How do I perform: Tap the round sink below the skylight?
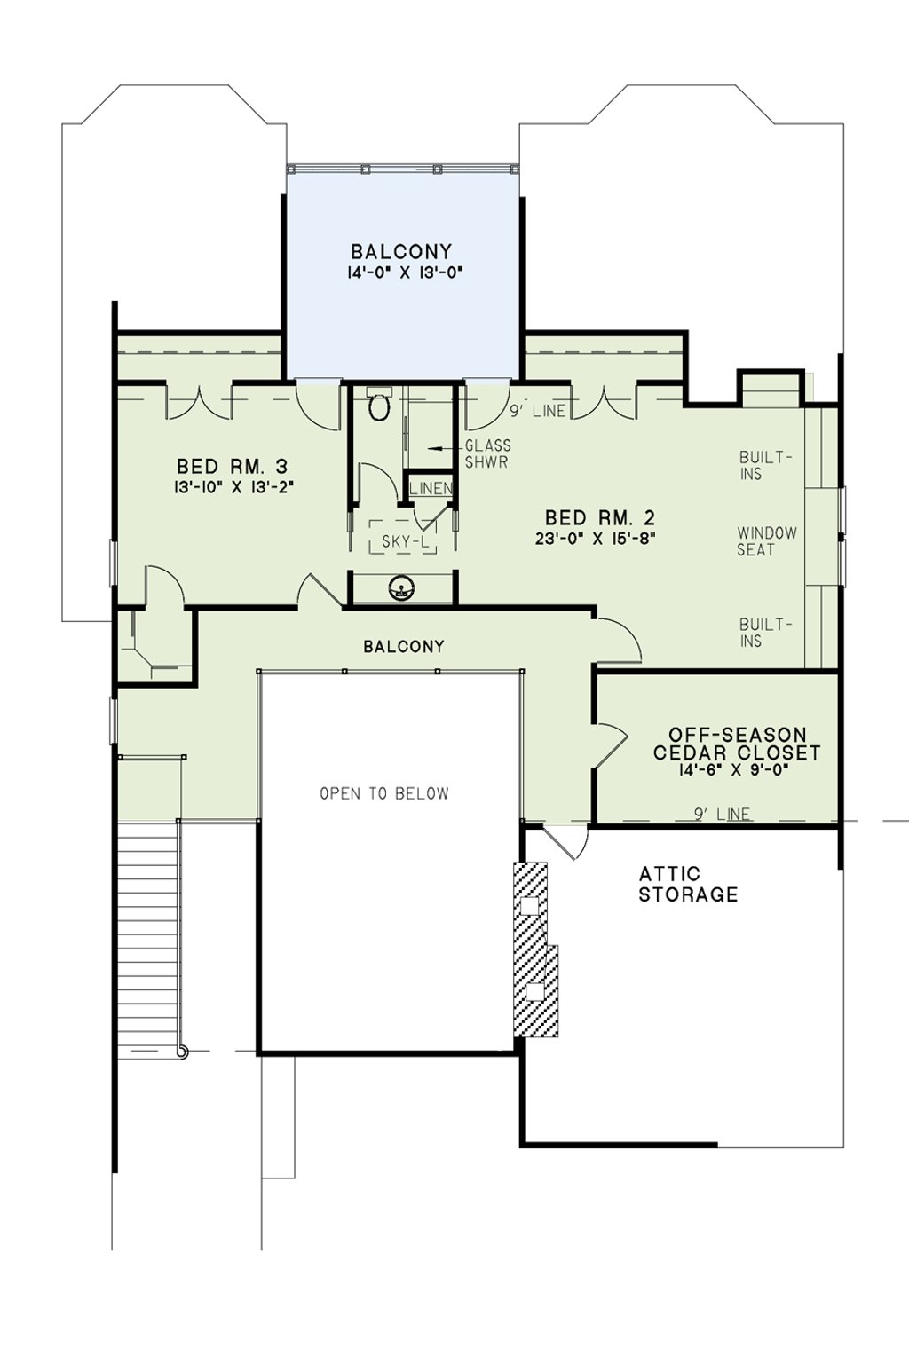[400, 587]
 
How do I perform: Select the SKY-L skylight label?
[403, 541]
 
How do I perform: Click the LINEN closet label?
[431, 487]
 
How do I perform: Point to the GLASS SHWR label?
[487, 453]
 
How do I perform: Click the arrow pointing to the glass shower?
[444, 448]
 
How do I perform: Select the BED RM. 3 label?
[232, 467]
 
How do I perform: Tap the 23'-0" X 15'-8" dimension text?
[597, 538]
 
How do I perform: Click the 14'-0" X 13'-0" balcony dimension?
[405, 272]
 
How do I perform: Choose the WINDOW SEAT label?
[767, 541]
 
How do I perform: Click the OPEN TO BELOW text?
[384, 793]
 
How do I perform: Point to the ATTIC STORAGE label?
[688, 885]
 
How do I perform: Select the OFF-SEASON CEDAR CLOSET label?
[737, 744]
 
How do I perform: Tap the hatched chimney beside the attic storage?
[535, 950]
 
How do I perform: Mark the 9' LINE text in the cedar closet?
[722, 815]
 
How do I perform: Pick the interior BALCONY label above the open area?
[404, 647]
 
